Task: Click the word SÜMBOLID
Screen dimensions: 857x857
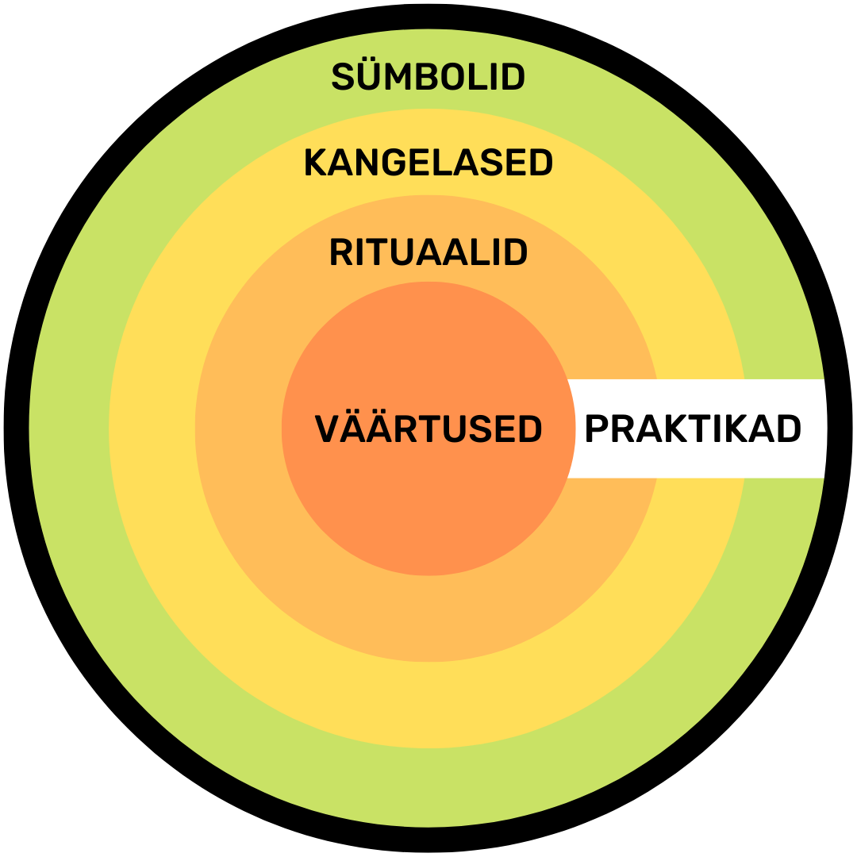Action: [x=428, y=77]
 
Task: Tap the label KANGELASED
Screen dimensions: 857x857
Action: [x=428, y=163]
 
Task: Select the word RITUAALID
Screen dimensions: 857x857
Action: [x=428, y=252]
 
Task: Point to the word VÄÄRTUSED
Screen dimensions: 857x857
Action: [x=428, y=428]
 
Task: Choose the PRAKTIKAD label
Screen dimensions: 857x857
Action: [x=694, y=428]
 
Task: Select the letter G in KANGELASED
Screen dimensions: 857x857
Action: [x=394, y=163]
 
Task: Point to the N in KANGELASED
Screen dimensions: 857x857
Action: [x=367, y=163]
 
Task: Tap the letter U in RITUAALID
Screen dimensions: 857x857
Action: [x=402, y=252]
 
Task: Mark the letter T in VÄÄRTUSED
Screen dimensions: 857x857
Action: [x=432, y=428]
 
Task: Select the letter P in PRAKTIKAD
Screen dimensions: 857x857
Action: [x=597, y=428]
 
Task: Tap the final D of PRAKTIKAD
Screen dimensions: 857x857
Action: [x=790, y=428]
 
